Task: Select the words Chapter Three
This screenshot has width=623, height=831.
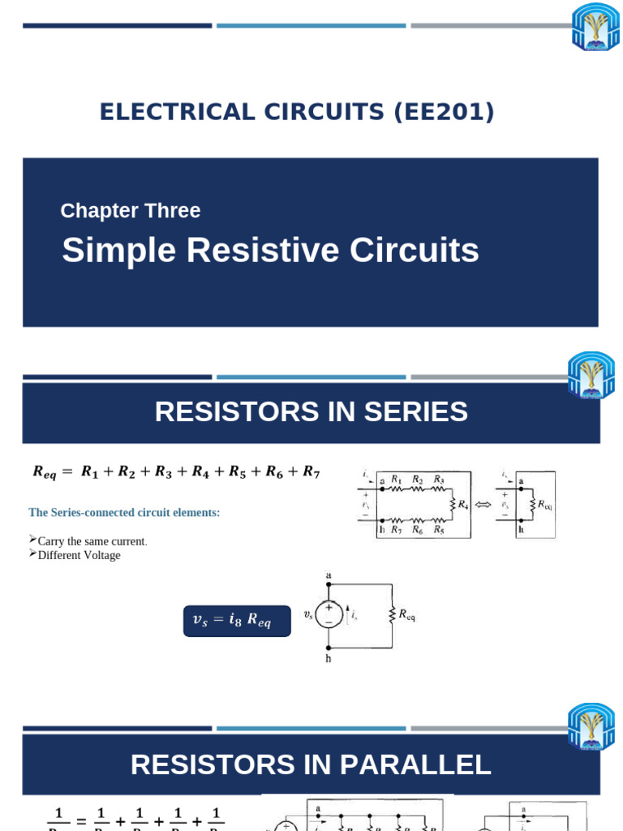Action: click(130, 211)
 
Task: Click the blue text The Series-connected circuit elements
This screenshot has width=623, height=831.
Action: click(124, 513)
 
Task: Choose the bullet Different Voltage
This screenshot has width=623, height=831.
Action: click(79, 556)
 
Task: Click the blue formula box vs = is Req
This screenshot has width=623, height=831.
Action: click(237, 621)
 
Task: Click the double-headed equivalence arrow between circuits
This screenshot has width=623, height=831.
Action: click(483, 505)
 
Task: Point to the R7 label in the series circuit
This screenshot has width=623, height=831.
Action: click(396, 530)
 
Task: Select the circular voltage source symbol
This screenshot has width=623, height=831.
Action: click(329, 614)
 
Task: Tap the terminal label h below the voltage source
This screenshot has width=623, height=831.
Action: click(329, 659)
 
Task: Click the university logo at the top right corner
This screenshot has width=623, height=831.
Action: click(595, 26)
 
